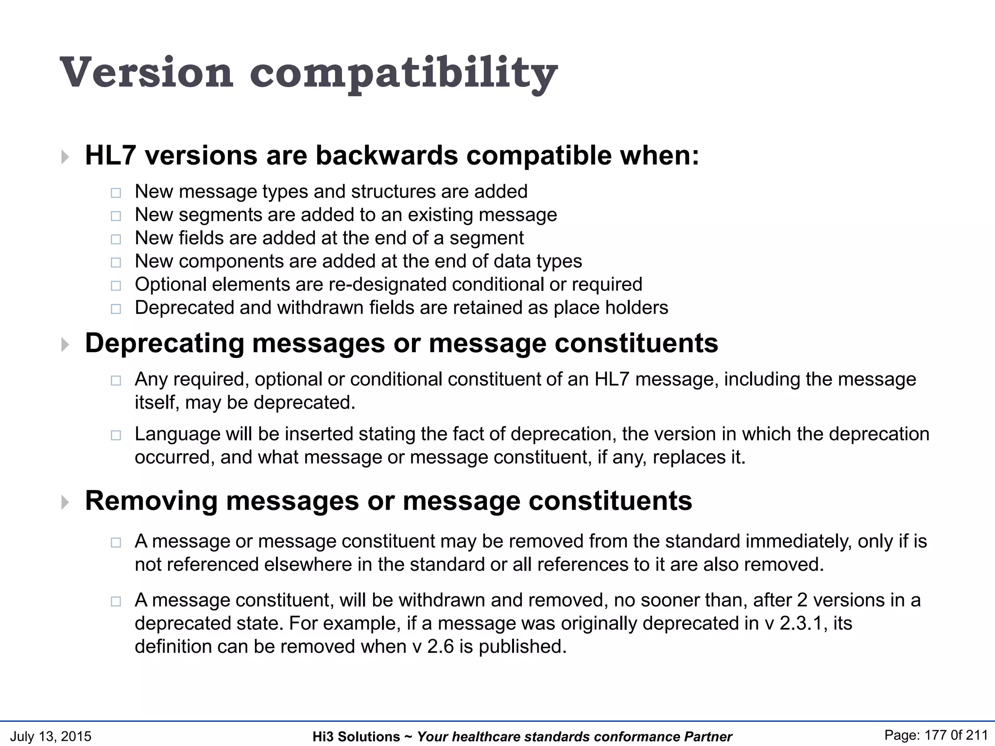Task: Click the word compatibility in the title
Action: [403, 74]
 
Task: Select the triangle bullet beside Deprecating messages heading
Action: [65, 345]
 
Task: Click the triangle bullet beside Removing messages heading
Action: [65, 502]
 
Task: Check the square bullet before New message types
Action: [116, 193]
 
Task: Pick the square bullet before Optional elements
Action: [116, 286]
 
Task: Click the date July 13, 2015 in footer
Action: [51, 736]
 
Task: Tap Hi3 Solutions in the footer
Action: [356, 737]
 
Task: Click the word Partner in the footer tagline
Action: [708, 737]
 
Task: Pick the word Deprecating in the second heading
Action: [164, 343]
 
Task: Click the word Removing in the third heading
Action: [151, 501]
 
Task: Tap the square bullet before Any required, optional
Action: [116, 380]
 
